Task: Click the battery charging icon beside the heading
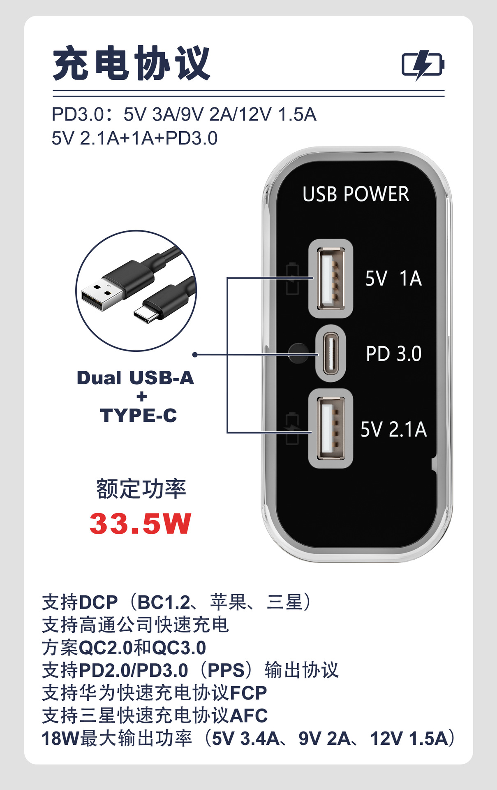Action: point(423,65)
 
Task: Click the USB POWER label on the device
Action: point(356,194)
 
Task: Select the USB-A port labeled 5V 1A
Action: point(331,279)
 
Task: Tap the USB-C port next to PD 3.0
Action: point(331,353)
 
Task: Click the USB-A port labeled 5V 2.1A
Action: point(331,429)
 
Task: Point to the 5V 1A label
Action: point(393,279)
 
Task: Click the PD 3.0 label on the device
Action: point(393,354)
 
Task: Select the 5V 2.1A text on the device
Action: point(393,429)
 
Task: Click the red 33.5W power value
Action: point(140,524)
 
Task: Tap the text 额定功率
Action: point(141,489)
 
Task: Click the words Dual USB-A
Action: point(135,378)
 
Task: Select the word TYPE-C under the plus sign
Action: point(138,416)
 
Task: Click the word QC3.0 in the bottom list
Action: point(179,648)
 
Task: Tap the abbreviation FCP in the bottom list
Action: point(248,693)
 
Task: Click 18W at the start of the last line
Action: point(60,738)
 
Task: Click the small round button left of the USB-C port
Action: point(298,353)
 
